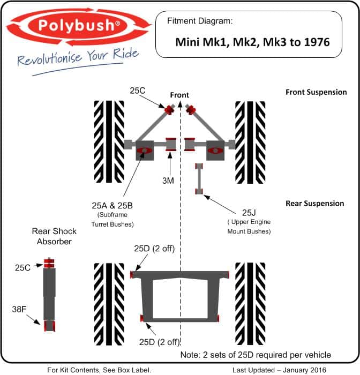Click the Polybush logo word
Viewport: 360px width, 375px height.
pos(77,25)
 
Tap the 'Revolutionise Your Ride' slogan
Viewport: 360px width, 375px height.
pos(78,57)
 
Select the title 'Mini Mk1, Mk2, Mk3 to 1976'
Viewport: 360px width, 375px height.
pos(252,42)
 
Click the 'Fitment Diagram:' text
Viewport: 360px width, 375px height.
pos(200,21)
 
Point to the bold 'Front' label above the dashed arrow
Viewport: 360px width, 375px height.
pos(179,95)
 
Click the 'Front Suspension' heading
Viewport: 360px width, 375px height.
pos(316,92)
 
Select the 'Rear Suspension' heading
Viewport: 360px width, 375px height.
pos(315,203)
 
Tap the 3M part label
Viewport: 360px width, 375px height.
pos(168,181)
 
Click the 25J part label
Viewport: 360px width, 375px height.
pos(249,213)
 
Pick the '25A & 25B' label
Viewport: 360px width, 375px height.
pos(112,206)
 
